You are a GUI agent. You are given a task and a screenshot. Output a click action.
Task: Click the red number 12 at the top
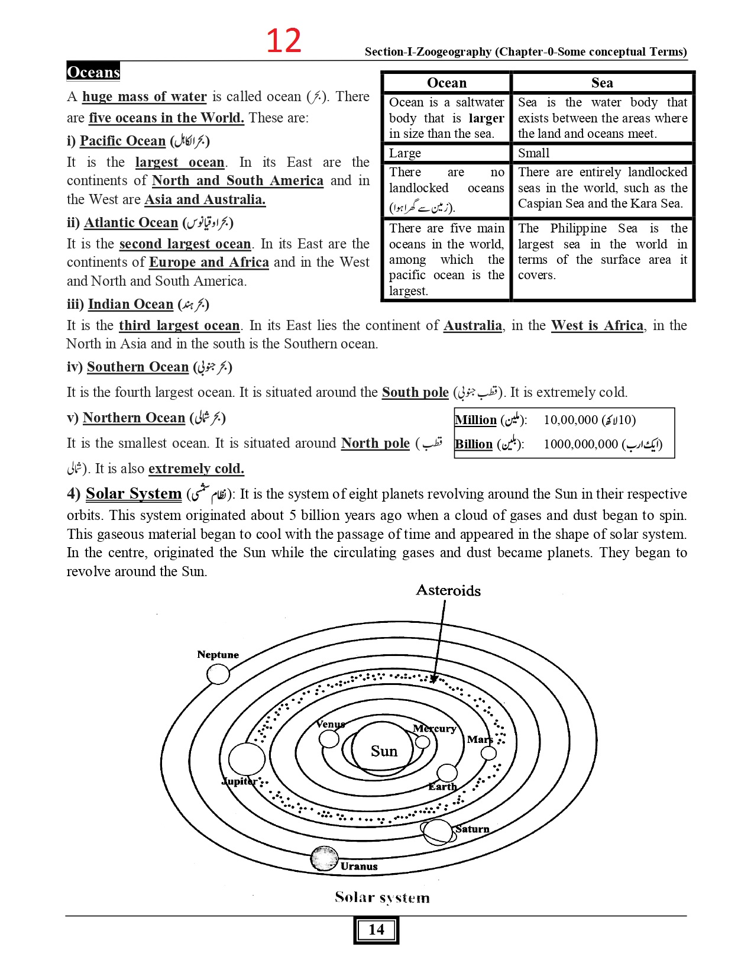pyautogui.click(x=284, y=41)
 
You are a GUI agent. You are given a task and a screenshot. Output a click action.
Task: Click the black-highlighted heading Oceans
pyautogui.click(x=93, y=72)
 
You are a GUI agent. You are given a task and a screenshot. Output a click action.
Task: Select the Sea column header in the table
pyautogui.click(x=602, y=83)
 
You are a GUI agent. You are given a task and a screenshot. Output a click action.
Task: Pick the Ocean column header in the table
pyautogui.click(x=446, y=83)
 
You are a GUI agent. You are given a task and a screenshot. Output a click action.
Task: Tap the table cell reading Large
pyautogui.click(x=405, y=153)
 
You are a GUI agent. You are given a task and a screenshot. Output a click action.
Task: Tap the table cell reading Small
pyautogui.click(x=533, y=153)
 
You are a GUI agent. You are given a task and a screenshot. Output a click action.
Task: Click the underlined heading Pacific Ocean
pyautogui.click(x=122, y=141)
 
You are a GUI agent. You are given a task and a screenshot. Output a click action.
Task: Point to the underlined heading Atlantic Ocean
pyautogui.click(x=131, y=222)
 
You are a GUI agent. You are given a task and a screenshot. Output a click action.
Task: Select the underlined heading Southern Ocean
pyautogui.click(x=137, y=367)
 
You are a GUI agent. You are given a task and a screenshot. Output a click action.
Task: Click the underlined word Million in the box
pyautogui.click(x=475, y=420)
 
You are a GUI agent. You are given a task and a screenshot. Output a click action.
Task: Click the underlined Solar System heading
pyautogui.click(x=134, y=494)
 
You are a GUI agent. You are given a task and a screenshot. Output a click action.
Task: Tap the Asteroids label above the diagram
pyautogui.click(x=448, y=590)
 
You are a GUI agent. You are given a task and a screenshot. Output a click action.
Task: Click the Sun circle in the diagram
pyautogui.click(x=384, y=751)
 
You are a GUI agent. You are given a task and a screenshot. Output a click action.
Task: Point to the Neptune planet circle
pyautogui.click(x=218, y=674)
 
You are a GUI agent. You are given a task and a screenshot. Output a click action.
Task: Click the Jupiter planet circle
pyautogui.click(x=247, y=759)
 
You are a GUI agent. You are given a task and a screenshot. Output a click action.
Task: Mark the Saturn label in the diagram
pyautogui.click(x=473, y=829)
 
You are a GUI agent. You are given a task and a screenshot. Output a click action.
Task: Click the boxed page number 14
pyautogui.click(x=376, y=930)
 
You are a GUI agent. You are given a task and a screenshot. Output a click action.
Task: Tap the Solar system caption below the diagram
pyautogui.click(x=382, y=898)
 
